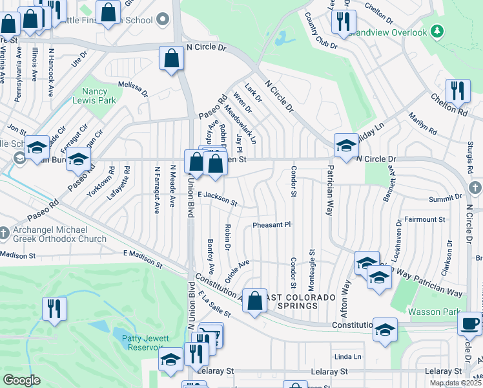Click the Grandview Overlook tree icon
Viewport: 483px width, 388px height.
click(x=437, y=31)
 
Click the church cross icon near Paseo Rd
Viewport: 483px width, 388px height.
click(x=5, y=232)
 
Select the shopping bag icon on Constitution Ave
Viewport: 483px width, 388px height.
click(x=255, y=301)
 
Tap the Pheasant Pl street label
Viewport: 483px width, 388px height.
click(x=272, y=224)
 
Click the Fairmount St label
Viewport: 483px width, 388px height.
click(x=424, y=220)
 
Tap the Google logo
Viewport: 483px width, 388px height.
click(x=21, y=380)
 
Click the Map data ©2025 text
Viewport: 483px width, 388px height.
click(x=455, y=383)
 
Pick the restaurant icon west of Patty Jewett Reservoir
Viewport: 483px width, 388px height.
click(x=54, y=308)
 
